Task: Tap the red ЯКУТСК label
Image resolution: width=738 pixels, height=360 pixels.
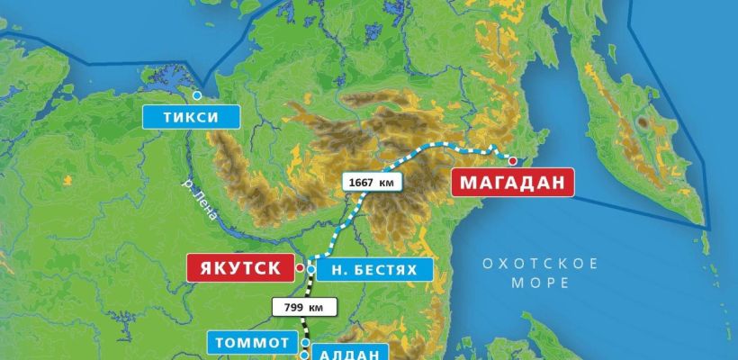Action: (239, 268)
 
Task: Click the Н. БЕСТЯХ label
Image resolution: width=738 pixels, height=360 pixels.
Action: (374, 269)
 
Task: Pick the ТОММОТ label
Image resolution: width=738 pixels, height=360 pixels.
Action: (252, 343)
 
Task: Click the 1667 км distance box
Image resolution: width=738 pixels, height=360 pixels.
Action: (372, 181)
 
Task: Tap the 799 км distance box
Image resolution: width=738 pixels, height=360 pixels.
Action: (304, 306)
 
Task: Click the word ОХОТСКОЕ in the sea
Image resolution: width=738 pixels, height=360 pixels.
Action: (540, 264)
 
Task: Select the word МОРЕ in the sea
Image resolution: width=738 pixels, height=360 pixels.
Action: (540, 283)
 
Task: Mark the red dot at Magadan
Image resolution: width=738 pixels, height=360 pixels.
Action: (512, 161)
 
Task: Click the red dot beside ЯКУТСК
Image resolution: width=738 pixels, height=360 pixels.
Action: (299, 267)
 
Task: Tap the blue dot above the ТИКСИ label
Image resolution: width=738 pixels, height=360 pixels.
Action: (196, 94)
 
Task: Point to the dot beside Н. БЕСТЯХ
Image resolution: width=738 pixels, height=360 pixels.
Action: (310, 269)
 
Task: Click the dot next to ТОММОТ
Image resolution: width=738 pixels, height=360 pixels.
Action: (305, 343)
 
